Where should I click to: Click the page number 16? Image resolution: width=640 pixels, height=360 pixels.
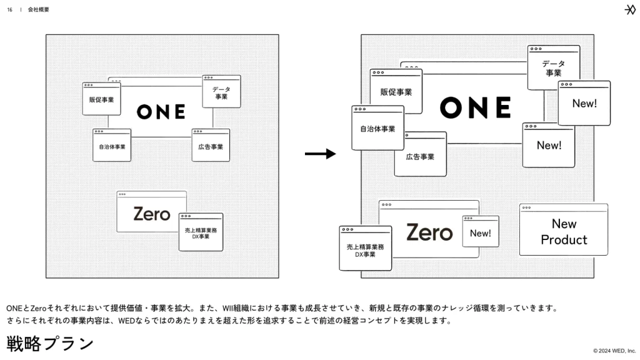(9, 9)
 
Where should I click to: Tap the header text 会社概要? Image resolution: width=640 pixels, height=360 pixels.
(39, 9)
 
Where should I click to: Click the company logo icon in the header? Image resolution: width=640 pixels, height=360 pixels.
(630, 9)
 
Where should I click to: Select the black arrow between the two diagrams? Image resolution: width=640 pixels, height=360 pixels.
(320, 154)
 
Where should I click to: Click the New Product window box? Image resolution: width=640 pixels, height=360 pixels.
(563, 230)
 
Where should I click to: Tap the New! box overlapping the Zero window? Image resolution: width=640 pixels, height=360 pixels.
(480, 232)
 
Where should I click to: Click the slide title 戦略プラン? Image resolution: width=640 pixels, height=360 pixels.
(50, 343)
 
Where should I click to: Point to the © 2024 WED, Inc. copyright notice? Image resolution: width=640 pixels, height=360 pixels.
(614, 351)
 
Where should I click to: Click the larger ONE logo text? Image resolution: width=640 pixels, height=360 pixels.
(475, 107)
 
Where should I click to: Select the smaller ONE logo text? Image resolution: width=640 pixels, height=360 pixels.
(161, 111)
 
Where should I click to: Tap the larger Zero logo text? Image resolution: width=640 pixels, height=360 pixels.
(429, 232)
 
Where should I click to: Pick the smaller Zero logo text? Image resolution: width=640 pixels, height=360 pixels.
(151, 214)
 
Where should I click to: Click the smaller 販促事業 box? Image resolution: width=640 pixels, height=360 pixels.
(101, 99)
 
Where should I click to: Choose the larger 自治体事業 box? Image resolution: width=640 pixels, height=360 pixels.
(377, 128)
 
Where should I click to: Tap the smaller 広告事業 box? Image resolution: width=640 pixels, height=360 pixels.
(210, 146)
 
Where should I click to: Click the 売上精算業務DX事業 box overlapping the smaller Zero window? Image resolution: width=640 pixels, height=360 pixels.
(201, 232)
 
